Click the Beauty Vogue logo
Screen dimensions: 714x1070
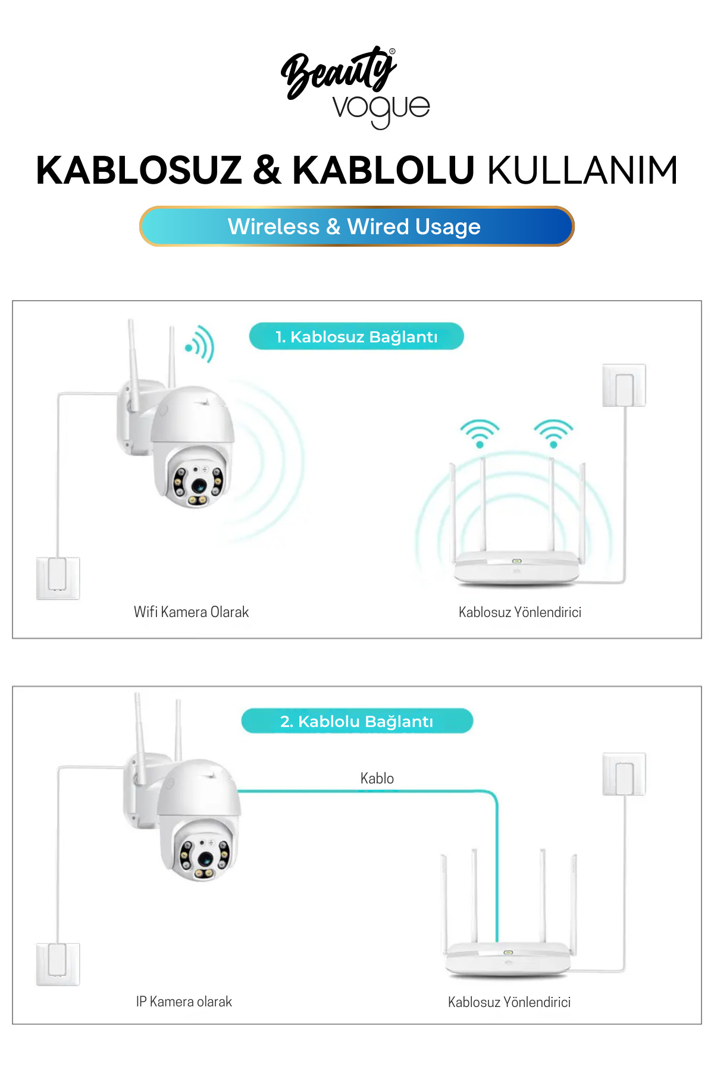coord(355,87)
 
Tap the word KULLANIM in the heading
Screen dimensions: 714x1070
coord(583,171)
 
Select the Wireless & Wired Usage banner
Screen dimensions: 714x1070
coord(357,226)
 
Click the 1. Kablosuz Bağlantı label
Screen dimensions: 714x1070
coord(356,336)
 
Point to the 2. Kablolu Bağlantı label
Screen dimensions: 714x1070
coord(357,721)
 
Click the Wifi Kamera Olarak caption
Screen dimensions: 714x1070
coord(191,612)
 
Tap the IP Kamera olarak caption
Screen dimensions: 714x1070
coord(184,1002)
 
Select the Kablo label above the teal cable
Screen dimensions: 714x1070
coord(377,778)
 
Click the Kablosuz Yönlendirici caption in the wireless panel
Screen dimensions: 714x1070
coord(520,612)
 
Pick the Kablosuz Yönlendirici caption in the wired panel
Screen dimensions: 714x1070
coord(509,1002)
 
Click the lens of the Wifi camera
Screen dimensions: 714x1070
coord(198,484)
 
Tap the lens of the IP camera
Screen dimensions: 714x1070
coord(205,858)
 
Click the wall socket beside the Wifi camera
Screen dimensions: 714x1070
coord(58,578)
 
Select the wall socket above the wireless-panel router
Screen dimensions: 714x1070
coord(624,385)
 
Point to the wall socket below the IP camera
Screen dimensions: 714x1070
coord(58,964)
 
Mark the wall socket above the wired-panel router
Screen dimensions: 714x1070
coord(624,774)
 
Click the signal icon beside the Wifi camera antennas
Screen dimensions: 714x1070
coord(199,344)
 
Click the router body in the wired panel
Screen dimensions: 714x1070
coord(508,958)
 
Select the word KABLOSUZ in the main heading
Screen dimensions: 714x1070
coord(139,171)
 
